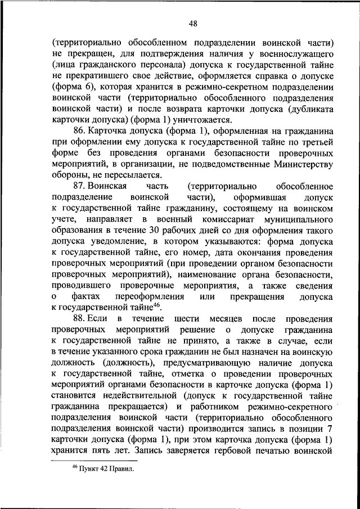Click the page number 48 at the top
pos(193,23)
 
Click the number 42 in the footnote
pos(103,469)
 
